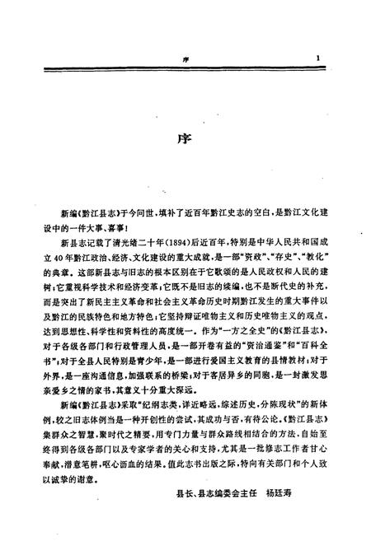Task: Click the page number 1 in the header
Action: pyautogui.click(x=317, y=58)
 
